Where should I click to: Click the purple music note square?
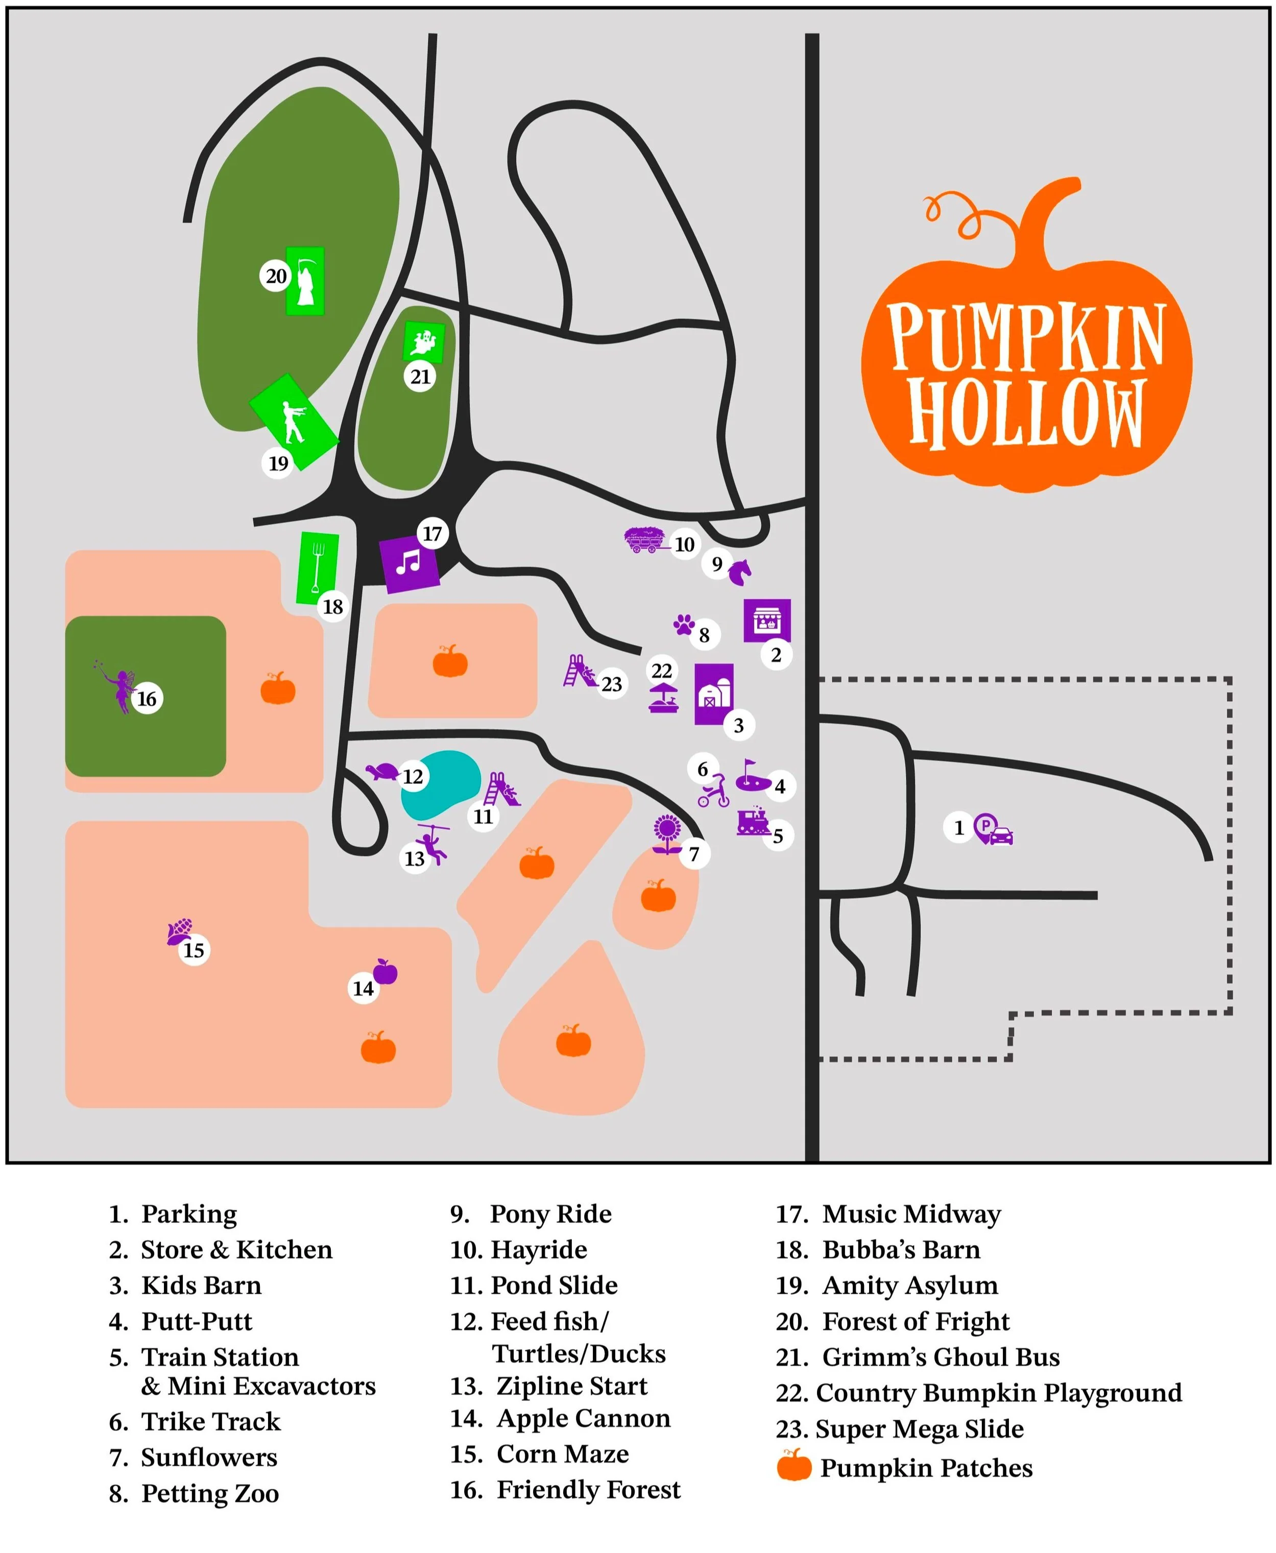408,563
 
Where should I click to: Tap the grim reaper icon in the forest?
304,281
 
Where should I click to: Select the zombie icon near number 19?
294,422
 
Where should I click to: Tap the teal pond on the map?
440,784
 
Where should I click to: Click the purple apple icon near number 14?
385,971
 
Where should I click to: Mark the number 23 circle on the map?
612,684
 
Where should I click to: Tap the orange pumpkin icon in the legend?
794,1467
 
